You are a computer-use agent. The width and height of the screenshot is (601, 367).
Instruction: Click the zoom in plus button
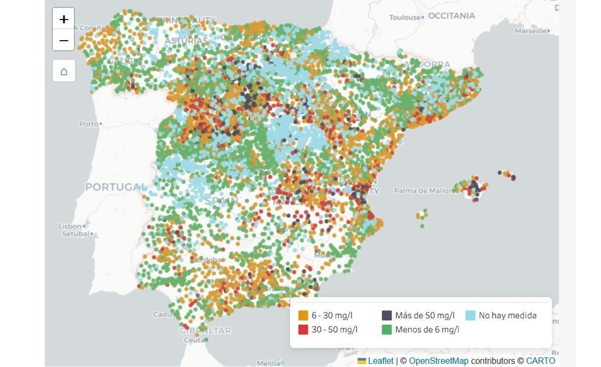coord(64,19)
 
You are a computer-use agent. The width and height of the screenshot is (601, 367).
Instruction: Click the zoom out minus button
coord(64,40)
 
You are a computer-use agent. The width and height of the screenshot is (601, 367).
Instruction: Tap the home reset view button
coord(64,71)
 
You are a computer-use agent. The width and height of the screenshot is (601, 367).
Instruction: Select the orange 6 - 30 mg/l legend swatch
coord(303,315)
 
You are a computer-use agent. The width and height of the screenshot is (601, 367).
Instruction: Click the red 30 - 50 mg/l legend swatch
coord(303,329)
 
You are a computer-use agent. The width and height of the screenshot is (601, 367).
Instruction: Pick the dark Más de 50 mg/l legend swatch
coord(387,315)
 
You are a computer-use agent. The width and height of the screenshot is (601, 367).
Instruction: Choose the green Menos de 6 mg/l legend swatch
coord(387,329)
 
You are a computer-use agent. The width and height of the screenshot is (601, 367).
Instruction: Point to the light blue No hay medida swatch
coord(470,315)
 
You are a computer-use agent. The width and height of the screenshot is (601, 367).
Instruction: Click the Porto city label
coord(88,124)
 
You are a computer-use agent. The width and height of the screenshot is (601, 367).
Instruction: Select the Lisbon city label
coord(70,226)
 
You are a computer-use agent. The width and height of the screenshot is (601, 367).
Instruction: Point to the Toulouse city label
coord(405,18)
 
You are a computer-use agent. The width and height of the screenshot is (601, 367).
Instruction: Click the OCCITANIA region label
coord(451,16)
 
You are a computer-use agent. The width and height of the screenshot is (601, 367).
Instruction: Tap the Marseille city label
coord(530,31)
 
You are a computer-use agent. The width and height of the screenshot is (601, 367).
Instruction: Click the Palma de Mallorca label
coord(423,191)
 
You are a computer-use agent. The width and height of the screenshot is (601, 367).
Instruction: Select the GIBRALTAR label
coord(205,330)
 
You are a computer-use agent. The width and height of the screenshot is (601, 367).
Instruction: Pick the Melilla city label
coord(268,363)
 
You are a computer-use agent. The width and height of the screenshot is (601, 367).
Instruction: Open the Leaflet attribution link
coord(380,361)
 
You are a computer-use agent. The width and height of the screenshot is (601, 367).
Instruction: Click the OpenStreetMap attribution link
coord(438,361)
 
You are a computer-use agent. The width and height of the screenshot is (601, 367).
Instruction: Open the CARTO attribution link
coord(540,361)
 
